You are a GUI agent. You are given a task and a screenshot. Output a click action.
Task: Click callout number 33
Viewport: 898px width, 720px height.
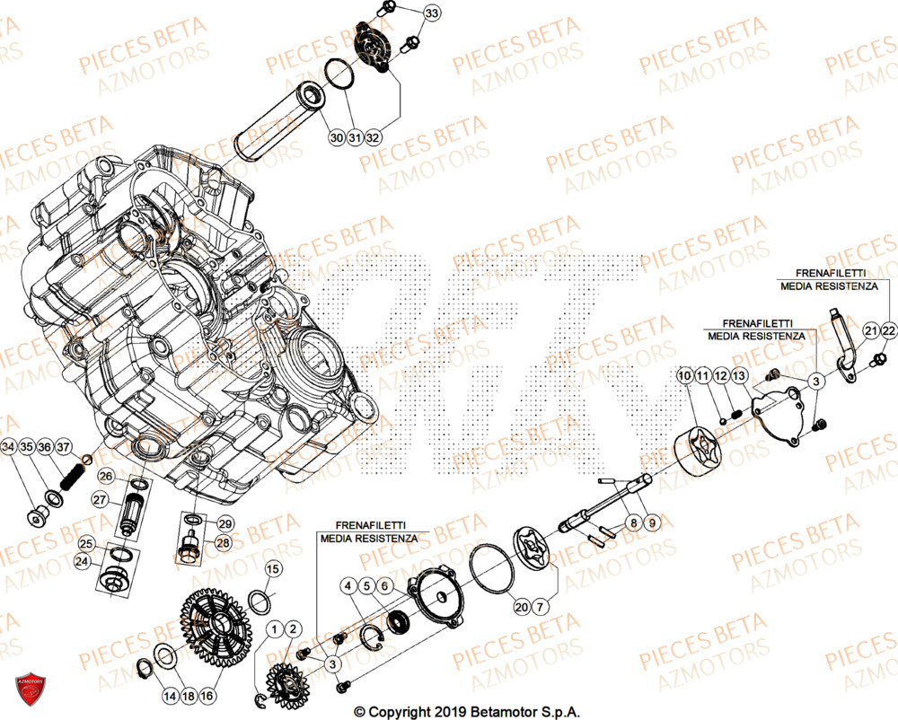coord(433,13)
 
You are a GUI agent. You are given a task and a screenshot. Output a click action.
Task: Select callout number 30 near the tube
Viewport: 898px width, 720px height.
coord(336,138)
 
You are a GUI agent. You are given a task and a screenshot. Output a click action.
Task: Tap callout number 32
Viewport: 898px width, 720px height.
coord(373,138)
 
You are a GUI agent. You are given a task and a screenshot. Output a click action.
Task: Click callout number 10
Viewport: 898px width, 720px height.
coord(685,374)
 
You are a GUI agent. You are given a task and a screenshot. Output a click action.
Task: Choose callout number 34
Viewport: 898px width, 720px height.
coord(9,447)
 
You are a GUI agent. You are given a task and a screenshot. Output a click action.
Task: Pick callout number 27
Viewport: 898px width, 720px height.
coord(100,500)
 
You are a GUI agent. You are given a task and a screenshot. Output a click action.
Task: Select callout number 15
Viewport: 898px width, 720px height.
coord(273,568)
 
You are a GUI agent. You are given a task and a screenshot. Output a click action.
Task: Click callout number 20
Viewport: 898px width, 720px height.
coord(521,608)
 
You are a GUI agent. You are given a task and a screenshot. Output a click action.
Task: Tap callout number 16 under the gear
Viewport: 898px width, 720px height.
coord(207,696)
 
